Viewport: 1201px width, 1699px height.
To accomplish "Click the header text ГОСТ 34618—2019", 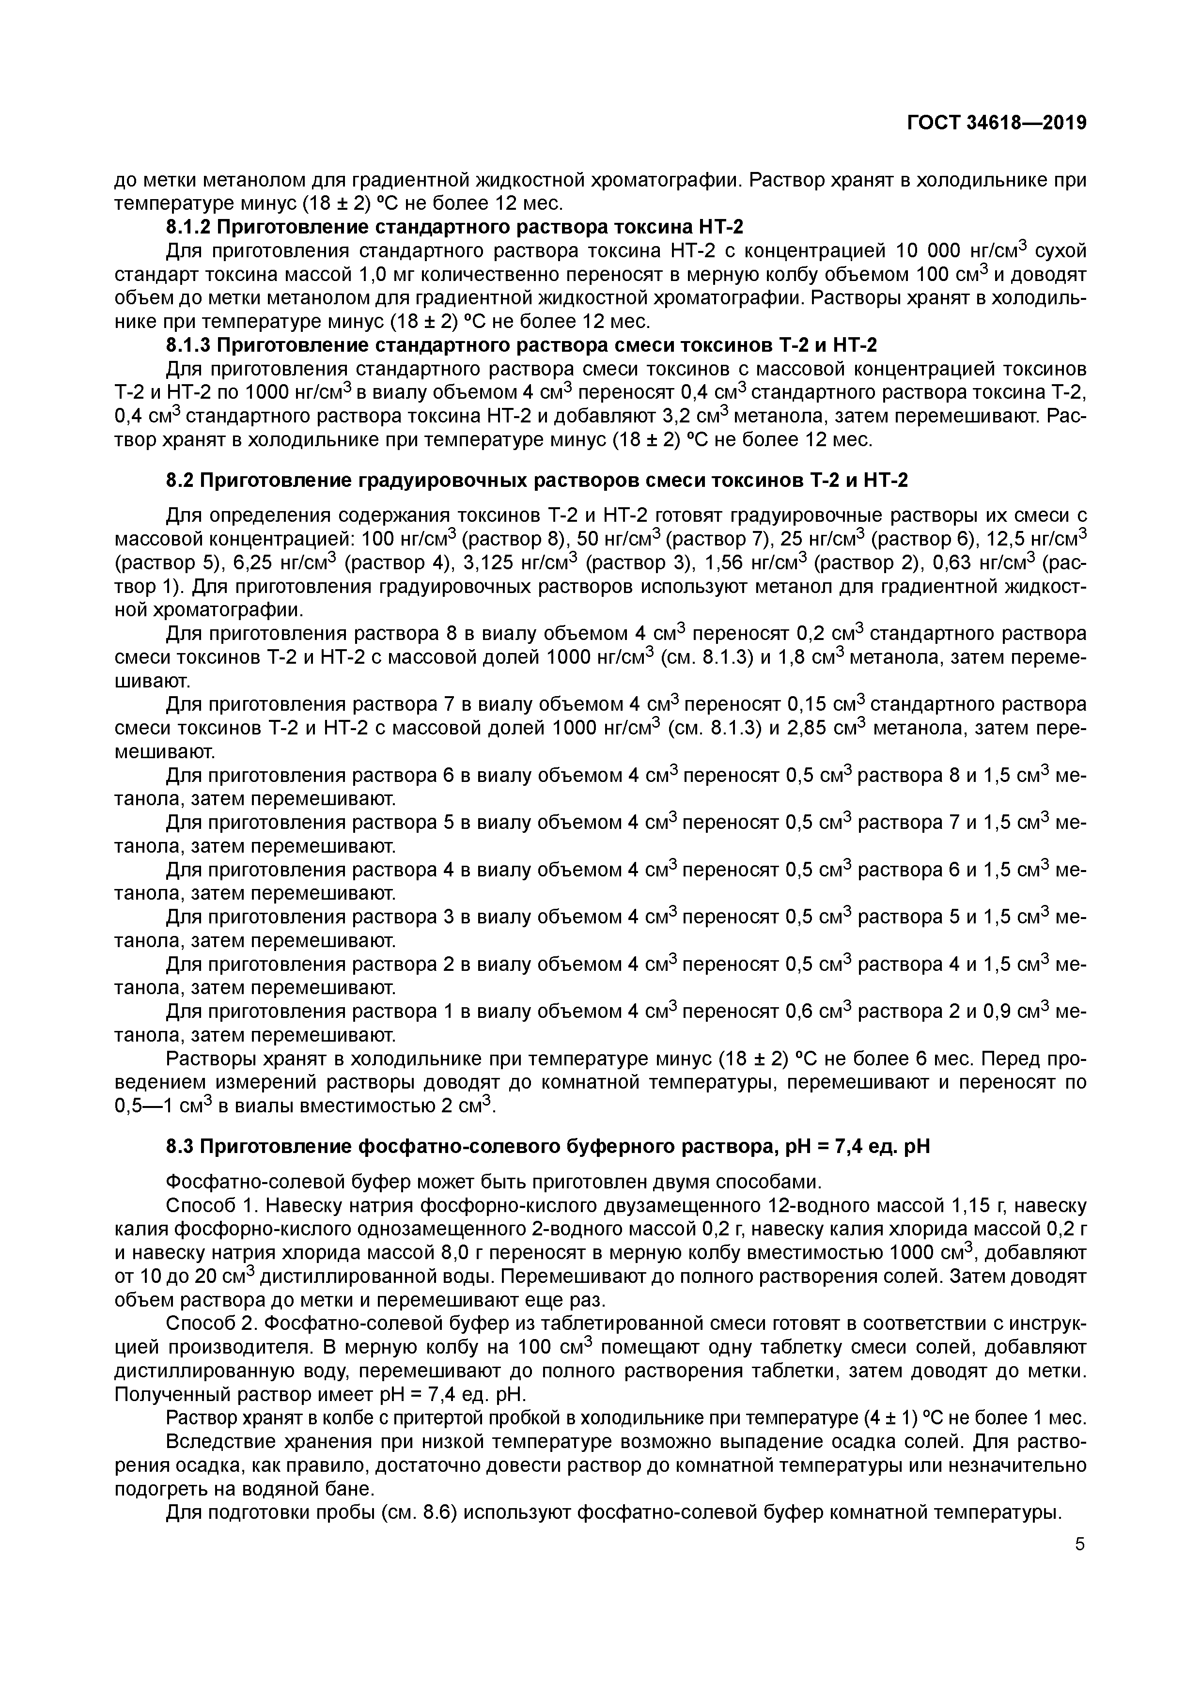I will click(996, 124).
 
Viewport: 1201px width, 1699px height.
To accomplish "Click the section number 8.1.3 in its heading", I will click(188, 345).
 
